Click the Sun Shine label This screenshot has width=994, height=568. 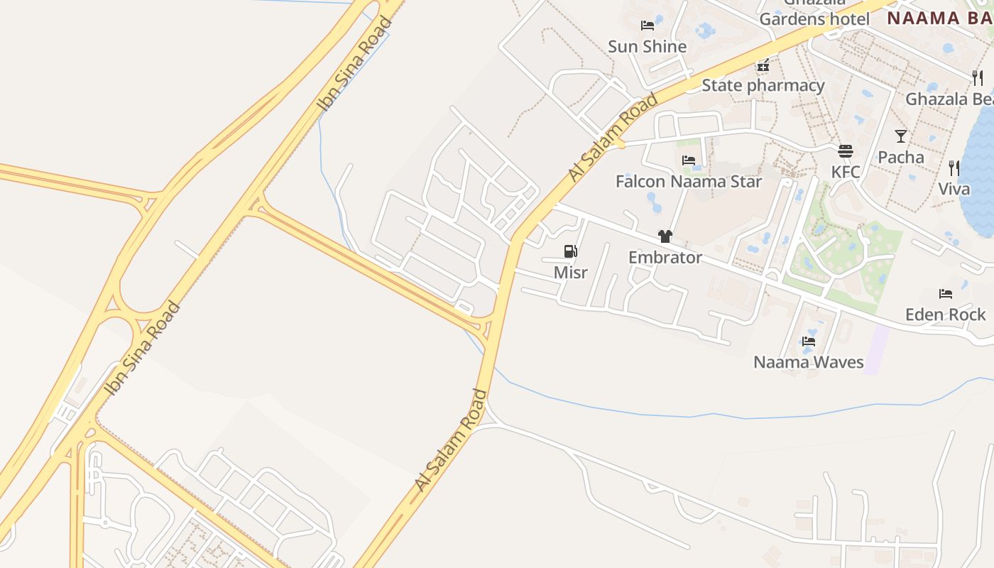coord(647,47)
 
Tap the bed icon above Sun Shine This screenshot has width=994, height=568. coord(647,26)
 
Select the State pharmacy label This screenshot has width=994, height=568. coord(763,86)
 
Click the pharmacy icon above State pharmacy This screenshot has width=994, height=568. coord(763,65)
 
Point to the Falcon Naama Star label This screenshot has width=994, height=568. coord(688,182)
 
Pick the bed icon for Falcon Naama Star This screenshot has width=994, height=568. coord(688,160)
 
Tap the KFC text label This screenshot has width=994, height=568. coord(845,172)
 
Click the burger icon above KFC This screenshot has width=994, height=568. coord(845,151)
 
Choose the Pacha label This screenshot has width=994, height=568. coord(900,157)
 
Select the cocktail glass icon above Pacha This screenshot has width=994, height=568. coord(900,136)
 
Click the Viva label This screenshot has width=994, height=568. coord(954,190)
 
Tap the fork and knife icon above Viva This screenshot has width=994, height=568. coord(954,168)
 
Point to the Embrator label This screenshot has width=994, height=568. coord(665,258)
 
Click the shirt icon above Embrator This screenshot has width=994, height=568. coord(665,236)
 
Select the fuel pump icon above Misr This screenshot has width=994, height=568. coord(570,251)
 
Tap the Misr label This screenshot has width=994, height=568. coord(570,273)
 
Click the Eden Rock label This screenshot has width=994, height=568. coord(945,315)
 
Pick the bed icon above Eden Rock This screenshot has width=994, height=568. coord(945,293)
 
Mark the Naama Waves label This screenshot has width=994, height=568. coord(808,362)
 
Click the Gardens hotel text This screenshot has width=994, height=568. coord(814,19)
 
